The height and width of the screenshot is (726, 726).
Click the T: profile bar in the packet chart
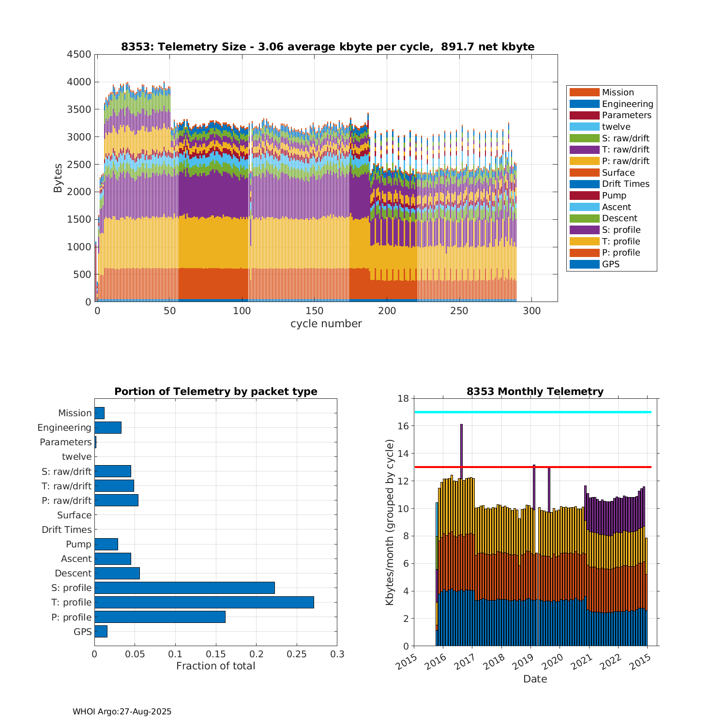pos(204,602)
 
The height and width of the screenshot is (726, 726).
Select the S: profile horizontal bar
pos(184,588)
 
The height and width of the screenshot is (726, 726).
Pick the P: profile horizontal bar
pos(160,617)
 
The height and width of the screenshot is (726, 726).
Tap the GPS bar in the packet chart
pos(101,631)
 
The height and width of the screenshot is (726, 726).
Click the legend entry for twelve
pos(616,127)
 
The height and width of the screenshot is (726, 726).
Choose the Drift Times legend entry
pos(625,184)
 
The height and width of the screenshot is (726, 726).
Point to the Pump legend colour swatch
pos(584,196)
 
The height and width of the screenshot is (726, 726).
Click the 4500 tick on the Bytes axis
pos(79,54)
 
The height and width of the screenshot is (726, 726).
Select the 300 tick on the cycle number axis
pos(531,311)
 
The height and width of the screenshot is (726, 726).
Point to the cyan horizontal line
pos(532,412)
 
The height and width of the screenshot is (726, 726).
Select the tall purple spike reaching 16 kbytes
pos(461,450)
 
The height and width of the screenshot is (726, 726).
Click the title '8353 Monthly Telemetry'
pos(535,392)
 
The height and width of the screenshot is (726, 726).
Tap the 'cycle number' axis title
pos(326,324)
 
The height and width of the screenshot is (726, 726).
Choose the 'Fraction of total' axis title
pos(215,666)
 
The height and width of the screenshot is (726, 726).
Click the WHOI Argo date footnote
pos(122,711)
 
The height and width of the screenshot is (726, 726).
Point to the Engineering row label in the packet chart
pos(64,427)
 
